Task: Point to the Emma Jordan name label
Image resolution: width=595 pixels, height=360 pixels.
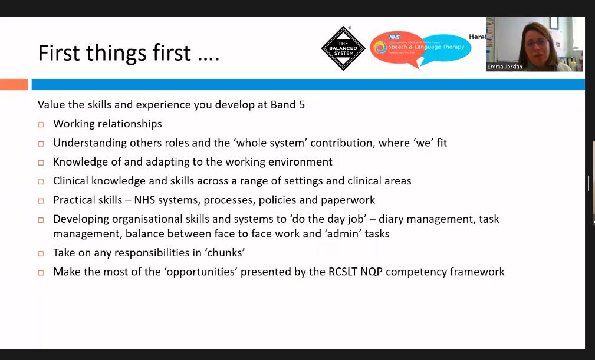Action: coord(505,67)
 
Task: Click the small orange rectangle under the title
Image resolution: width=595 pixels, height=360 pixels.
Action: coord(14,84)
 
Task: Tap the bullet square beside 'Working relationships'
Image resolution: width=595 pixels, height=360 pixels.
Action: coord(41,124)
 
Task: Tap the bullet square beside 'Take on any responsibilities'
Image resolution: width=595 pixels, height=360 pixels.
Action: coord(41,253)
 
